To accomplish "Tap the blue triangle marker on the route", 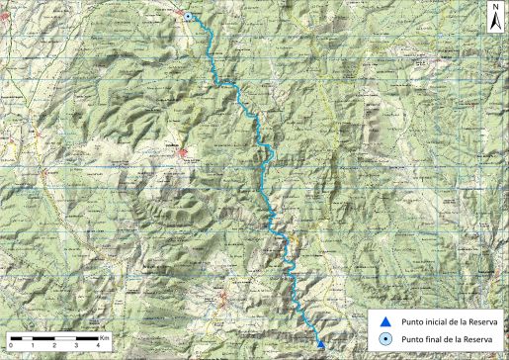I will click(x=320, y=343).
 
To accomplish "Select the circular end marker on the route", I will click(x=188, y=17).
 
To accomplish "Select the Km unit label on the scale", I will click(x=104, y=337).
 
